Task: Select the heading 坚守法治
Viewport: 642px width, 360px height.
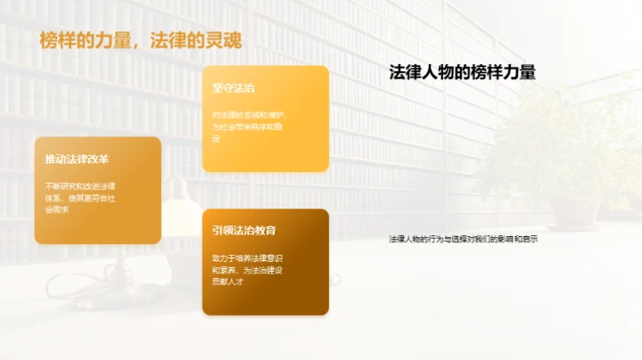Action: pos(234,88)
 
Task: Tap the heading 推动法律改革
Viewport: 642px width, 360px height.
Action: pos(77,160)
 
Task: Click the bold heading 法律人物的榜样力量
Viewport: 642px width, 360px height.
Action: pos(463,73)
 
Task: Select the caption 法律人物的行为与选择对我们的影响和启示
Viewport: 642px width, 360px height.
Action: pos(464,239)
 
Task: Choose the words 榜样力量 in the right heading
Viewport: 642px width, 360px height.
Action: pos(503,73)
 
